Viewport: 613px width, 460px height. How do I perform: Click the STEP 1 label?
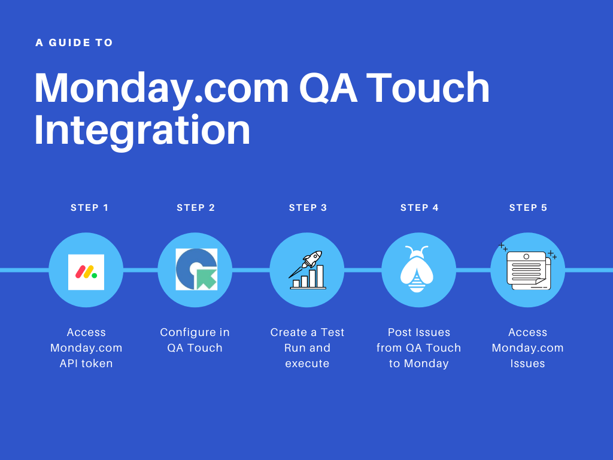click(x=89, y=208)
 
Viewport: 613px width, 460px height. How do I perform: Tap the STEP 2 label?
click(x=196, y=208)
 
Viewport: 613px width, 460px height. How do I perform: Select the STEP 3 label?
click(x=308, y=208)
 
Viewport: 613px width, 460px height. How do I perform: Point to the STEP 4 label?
click(x=419, y=208)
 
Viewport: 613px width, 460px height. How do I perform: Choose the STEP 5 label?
click(x=528, y=208)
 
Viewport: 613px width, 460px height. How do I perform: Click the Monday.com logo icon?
click(x=86, y=272)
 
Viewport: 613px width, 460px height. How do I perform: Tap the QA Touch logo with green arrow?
click(x=196, y=269)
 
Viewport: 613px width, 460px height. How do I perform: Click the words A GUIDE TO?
click(x=74, y=43)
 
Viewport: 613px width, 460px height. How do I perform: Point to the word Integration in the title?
click(x=142, y=130)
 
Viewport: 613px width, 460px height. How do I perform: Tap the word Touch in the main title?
click(x=427, y=87)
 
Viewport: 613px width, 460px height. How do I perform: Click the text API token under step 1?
click(x=86, y=364)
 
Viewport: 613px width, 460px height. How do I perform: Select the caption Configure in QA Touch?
click(x=195, y=340)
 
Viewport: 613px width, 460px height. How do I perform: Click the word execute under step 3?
click(x=307, y=364)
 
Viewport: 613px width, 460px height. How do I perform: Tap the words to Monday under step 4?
click(x=418, y=364)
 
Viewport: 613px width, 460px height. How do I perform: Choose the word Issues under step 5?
click(x=527, y=364)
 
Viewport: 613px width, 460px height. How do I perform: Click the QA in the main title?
click(x=329, y=87)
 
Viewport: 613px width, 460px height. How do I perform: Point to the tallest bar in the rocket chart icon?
click(x=320, y=276)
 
